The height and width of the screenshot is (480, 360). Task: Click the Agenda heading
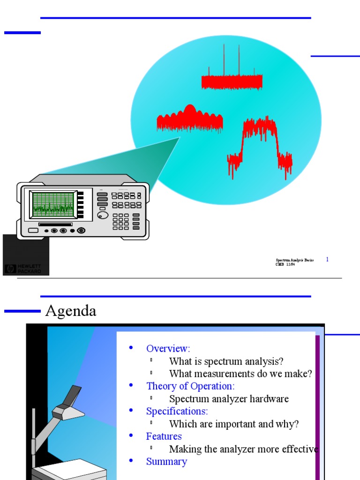(70, 311)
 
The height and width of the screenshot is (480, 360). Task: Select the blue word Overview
(168, 348)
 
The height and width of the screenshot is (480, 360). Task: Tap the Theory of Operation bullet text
(190, 386)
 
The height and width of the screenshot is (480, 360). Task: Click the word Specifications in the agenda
(177, 411)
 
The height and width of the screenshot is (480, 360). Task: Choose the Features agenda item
(164, 436)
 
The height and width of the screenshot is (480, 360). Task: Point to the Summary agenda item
(166, 462)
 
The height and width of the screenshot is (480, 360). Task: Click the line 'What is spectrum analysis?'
(226, 361)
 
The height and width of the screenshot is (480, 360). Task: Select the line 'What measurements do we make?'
(240, 374)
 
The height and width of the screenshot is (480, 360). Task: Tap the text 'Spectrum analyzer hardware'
(229, 399)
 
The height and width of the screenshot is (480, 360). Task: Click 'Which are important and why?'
(233, 424)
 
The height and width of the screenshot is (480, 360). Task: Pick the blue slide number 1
(327, 259)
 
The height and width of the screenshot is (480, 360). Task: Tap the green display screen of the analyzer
(53, 204)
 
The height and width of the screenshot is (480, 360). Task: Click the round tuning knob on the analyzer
(103, 215)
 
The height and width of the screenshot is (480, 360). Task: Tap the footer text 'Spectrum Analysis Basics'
(294, 260)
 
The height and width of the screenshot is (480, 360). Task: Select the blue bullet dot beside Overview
(131, 348)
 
